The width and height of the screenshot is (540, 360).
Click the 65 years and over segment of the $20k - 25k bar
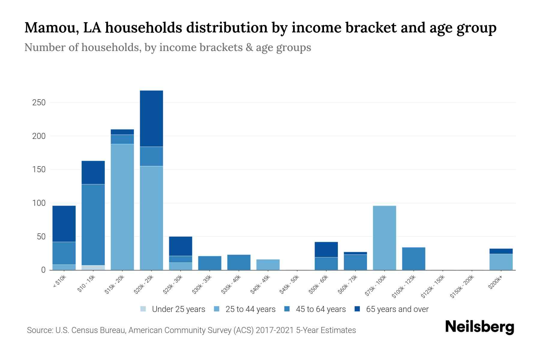tap(151, 118)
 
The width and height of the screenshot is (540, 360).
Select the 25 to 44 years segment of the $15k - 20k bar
tap(122, 207)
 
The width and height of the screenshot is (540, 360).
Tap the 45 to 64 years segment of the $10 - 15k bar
tap(93, 225)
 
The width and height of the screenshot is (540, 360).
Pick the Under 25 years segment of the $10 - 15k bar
tap(93, 268)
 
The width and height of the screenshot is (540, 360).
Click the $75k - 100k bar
tap(384, 238)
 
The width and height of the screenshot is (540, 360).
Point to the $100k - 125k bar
tap(413, 259)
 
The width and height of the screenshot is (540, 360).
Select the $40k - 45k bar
tap(268, 265)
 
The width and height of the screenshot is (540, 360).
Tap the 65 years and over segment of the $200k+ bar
tap(501, 251)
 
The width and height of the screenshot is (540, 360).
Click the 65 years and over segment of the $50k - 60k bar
tap(326, 250)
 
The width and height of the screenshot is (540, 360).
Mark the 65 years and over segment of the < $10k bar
tap(64, 224)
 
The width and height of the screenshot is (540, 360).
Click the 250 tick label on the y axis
tap(39, 103)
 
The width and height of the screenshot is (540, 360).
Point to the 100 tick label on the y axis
tap(39, 203)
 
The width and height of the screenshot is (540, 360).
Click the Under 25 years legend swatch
tap(143, 309)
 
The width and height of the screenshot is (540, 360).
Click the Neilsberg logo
tap(480, 327)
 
